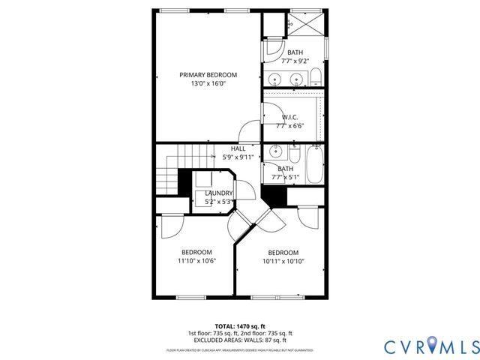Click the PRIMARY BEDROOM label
point(208,74)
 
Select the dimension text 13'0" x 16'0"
point(208,84)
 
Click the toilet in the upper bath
point(316,76)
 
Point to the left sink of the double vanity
point(276,79)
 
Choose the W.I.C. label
point(290,117)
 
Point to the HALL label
point(238,148)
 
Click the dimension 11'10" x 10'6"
point(196,261)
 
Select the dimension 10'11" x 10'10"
point(283,262)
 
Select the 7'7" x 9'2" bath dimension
point(293,61)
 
